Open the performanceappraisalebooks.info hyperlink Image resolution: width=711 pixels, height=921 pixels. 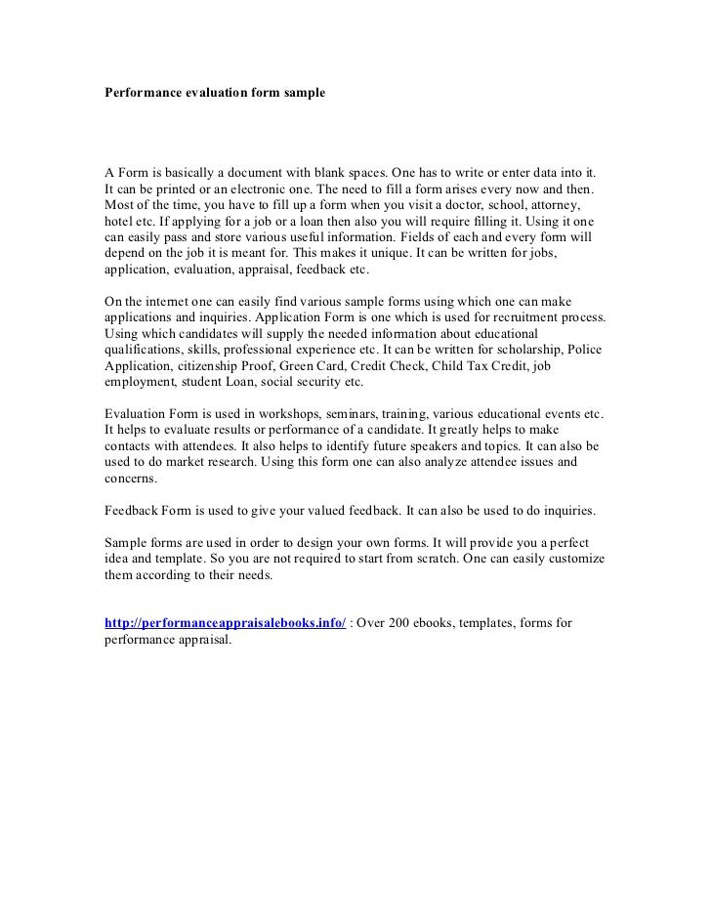[225, 625]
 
